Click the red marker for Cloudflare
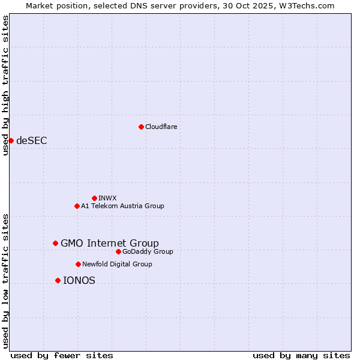coord(141,127)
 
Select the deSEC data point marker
coord(11,140)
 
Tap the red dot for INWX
coord(94,198)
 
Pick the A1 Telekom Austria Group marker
coord(77,206)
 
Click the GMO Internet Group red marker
coord(55,243)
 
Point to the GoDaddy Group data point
coord(118,251)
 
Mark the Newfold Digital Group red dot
coord(78,264)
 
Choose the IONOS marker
coord(58,280)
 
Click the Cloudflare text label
coord(161,127)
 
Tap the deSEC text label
coord(32,140)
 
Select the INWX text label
coord(107,198)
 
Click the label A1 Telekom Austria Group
coord(122,206)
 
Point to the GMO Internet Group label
coord(110,243)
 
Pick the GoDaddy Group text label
coord(148,251)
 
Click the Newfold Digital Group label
coord(117,264)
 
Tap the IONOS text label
coord(79,280)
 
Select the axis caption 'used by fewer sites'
coord(62,355)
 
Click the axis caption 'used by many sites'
coord(301,355)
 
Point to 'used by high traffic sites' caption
coord(5,85)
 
